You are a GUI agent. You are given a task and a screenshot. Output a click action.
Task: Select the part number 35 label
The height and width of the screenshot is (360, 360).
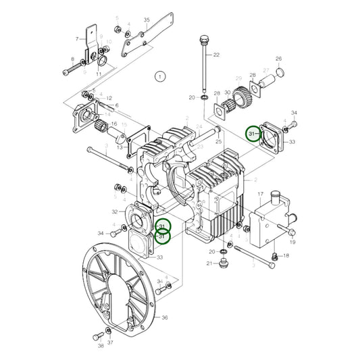click(147, 20)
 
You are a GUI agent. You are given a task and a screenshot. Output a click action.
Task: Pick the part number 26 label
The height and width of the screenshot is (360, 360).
click(278, 59)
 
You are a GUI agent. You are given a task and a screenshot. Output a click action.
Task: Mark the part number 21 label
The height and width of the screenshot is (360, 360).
click(210, 263)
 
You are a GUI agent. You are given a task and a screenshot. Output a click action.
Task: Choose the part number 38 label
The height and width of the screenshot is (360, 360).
click(100, 344)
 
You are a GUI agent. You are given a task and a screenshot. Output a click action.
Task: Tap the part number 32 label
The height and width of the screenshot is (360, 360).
click(115, 211)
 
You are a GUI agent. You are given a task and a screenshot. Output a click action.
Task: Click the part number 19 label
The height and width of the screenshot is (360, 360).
click(292, 240)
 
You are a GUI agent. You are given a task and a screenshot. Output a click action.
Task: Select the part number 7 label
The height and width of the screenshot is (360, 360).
click(77, 40)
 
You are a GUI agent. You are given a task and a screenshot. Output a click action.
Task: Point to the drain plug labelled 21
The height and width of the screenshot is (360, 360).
click(225, 263)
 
